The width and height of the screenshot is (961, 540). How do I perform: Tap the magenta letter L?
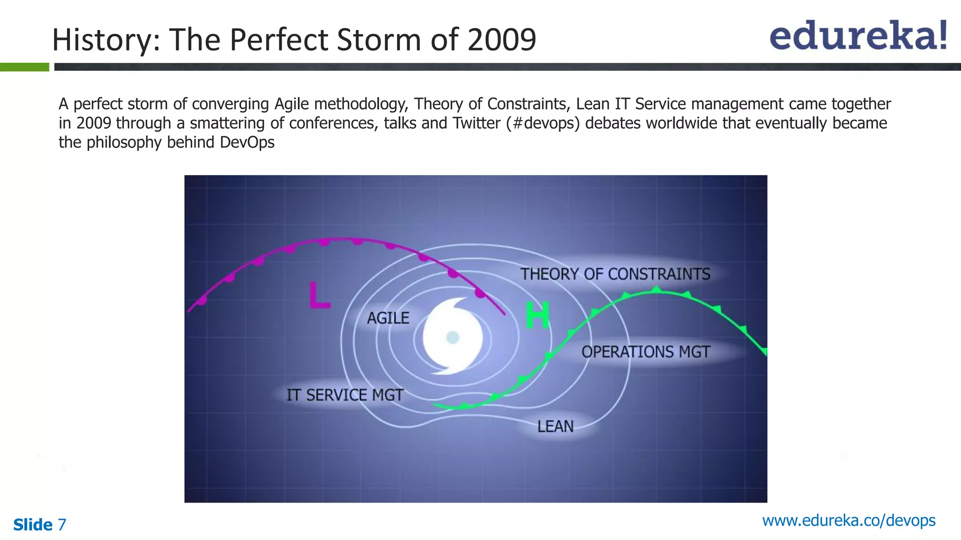click(320, 296)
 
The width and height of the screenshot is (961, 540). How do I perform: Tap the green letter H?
click(537, 315)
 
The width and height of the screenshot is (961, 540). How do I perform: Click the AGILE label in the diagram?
click(388, 318)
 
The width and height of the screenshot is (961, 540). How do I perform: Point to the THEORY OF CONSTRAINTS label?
click(615, 274)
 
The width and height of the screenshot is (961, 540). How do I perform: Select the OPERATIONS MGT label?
click(646, 352)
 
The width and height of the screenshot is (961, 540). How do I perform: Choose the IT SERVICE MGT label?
click(345, 395)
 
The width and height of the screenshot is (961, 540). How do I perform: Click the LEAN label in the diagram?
click(556, 427)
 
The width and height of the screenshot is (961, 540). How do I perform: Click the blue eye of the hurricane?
click(452, 337)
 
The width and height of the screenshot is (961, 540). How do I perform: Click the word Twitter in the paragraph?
click(477, 123)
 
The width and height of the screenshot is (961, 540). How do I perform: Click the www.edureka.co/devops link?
click(848, 520)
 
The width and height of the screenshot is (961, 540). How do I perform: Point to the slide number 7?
click(62, 525)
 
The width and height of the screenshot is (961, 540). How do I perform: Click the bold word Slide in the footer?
click(33, 525)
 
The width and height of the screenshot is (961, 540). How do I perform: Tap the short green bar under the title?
click(24, 67)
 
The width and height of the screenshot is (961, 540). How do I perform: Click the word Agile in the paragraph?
click(292, 104)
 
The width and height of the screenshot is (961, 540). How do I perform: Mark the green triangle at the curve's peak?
click(657, 289)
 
